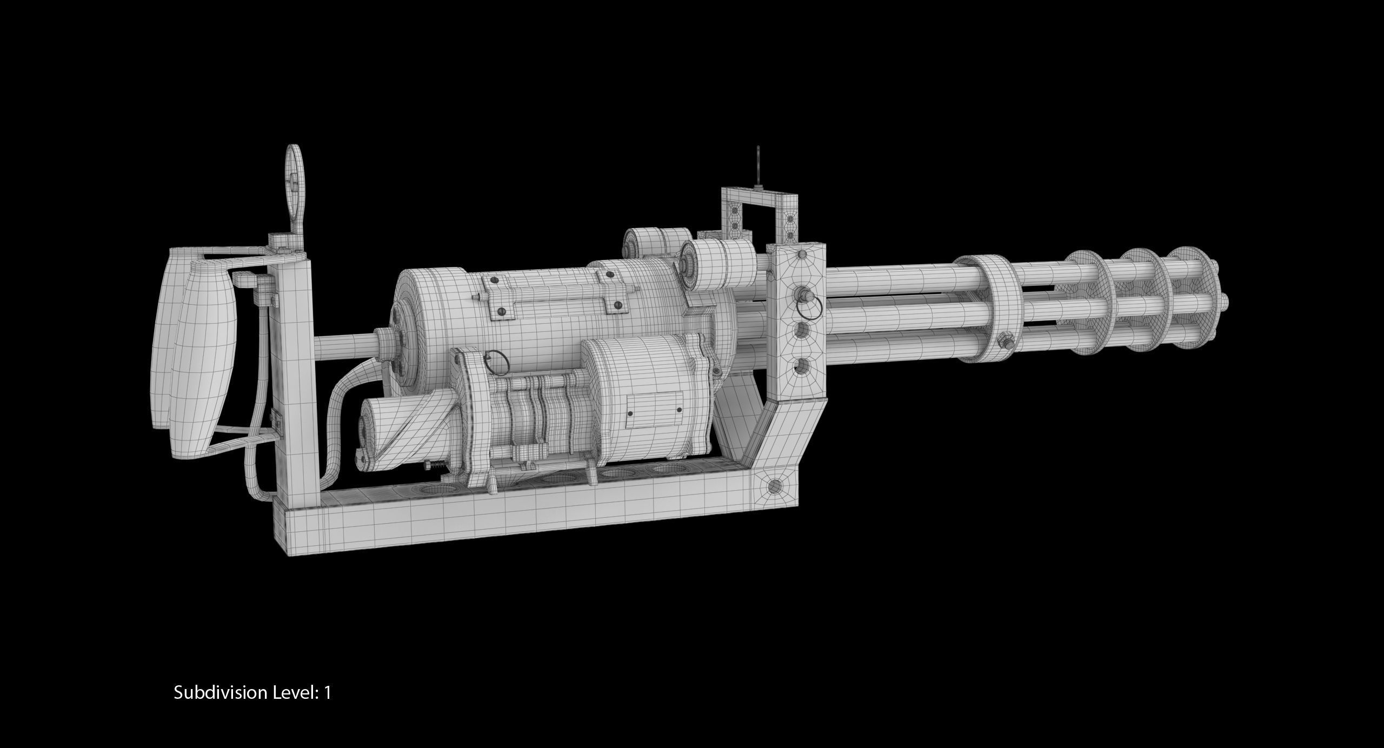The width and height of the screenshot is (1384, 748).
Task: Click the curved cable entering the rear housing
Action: [x=346, y=389]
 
